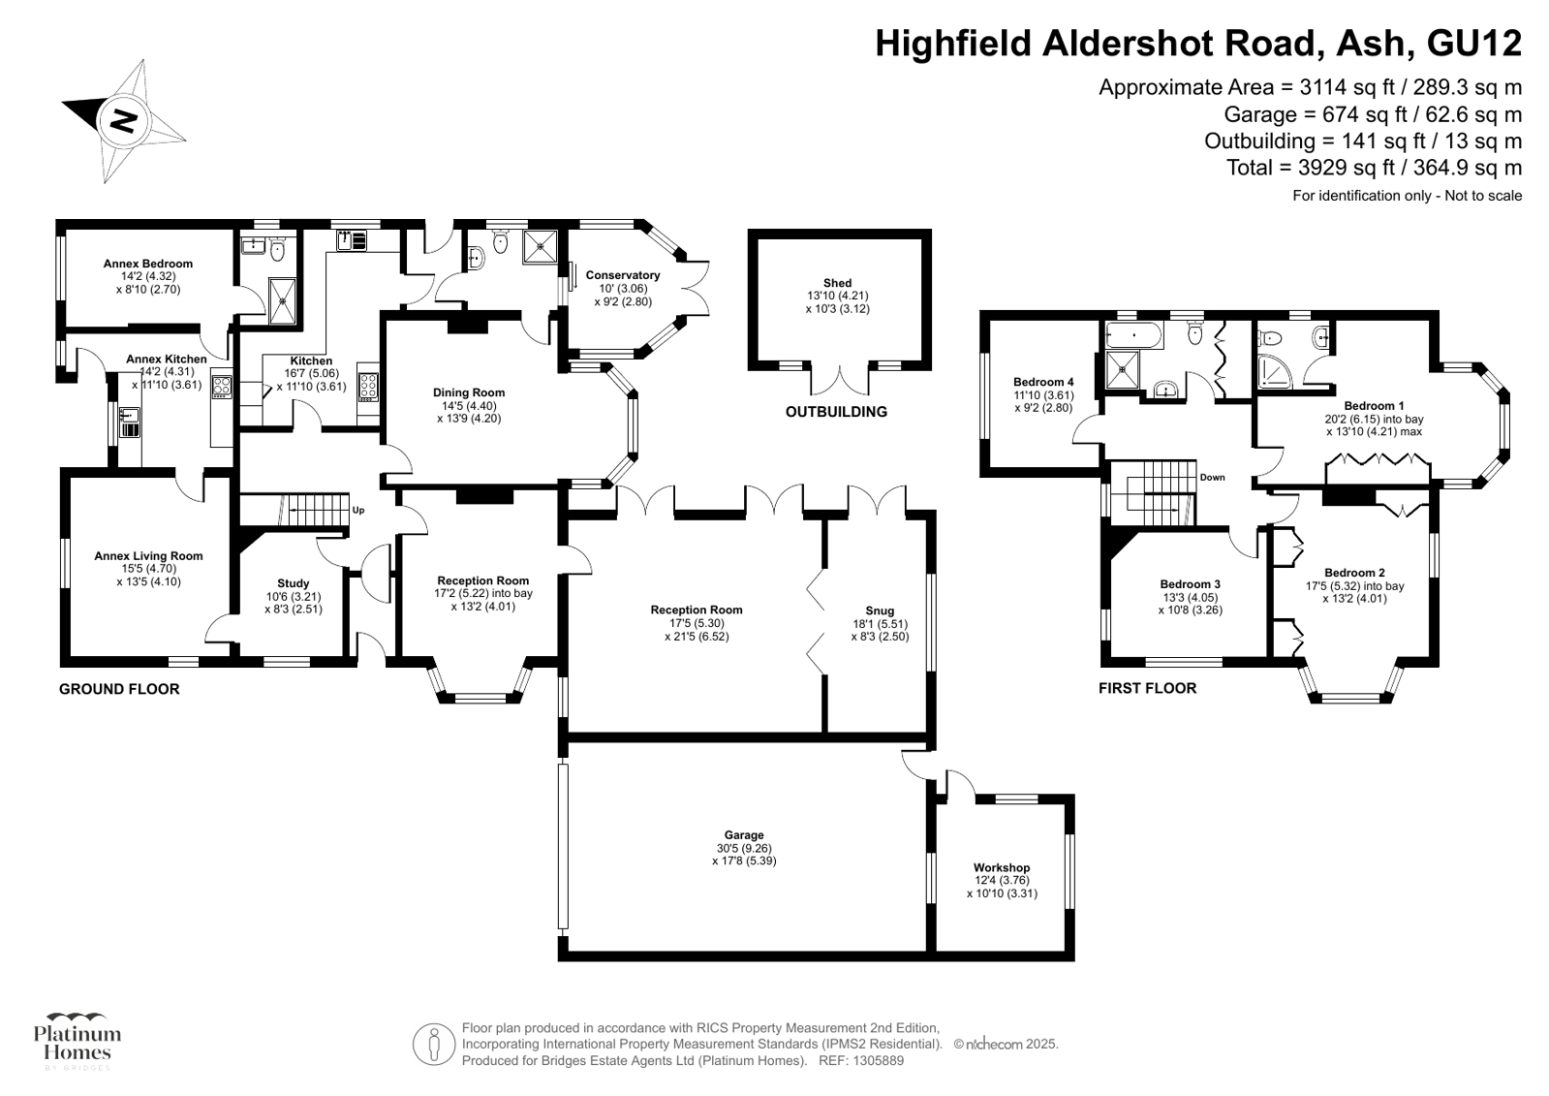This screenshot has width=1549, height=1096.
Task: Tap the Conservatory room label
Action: pos(622,275)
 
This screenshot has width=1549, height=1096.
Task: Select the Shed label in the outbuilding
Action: pos(837,283)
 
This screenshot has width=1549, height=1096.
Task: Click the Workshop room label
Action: pos(1002,867)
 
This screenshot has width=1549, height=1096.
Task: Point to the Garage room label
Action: pos(744,835)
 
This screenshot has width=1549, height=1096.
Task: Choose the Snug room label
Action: pos(880,611)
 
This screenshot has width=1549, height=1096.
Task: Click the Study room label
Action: pos(294,583)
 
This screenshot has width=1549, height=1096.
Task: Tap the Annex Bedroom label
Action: pos(148,264)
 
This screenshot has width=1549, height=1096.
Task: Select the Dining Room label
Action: pos(469,393)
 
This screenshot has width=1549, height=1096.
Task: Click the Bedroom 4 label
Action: pos(1043,382)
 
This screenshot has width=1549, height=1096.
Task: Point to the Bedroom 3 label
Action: pos(1191,584)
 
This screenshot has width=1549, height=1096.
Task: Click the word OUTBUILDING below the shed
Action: pos(836,412)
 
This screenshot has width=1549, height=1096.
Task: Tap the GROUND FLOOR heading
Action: pos(119,689)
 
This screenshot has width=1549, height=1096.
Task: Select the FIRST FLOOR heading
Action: pos(1147,688)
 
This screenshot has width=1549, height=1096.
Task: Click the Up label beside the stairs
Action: pos(358,511)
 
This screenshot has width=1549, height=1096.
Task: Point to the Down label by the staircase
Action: pos(1212,478)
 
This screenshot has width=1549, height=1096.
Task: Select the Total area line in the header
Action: pos(1374,168)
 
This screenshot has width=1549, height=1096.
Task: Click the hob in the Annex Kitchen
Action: pos(221,386)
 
